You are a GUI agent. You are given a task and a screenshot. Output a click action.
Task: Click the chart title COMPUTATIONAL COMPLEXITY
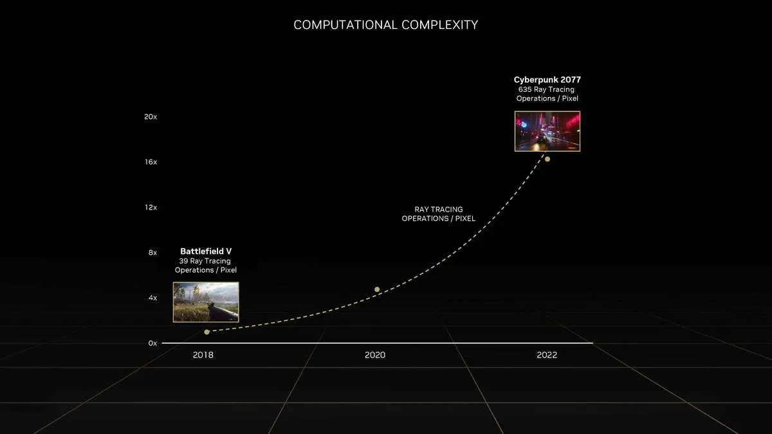[x=385, y=25]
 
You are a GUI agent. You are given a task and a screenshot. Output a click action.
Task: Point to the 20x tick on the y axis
[x=151, y=117]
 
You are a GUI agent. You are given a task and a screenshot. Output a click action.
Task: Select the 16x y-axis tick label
[x=151, y=162]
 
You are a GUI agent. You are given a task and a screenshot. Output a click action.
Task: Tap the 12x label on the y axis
[x=151, y=207]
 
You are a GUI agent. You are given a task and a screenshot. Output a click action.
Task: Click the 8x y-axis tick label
[x=152, y=253]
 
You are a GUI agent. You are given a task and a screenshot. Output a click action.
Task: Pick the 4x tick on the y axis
[x=152, y=298]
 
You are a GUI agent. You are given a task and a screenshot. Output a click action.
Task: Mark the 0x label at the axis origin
[x=152, y=343]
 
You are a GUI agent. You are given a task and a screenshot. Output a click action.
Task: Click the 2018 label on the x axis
[x=203, y=355]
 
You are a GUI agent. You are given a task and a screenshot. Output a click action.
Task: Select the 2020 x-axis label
[x=375, y=355]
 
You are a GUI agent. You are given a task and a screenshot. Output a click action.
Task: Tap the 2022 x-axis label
[x=547, y=355]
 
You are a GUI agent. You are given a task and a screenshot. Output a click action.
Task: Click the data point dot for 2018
[x=207, y=332]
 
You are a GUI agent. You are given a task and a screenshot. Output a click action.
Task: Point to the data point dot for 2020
[x=377, y=289]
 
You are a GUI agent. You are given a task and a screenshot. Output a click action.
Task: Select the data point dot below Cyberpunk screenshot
[x=547, y=159]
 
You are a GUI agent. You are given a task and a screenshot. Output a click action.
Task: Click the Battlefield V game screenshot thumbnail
[x=206, y=302]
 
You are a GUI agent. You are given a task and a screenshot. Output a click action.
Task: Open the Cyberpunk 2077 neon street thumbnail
[x=547, y=131]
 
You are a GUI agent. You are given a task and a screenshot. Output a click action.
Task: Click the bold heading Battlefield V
[x=206, y=251]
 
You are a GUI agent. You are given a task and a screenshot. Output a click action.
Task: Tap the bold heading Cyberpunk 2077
[x=547, y=80]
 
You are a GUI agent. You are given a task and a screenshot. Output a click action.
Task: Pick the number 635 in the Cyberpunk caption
[x=525, y=89]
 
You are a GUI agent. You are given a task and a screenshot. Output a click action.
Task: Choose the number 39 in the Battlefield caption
[x=183, y=261]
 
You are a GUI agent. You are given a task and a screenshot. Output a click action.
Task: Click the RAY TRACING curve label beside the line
[x=438, y=214]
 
